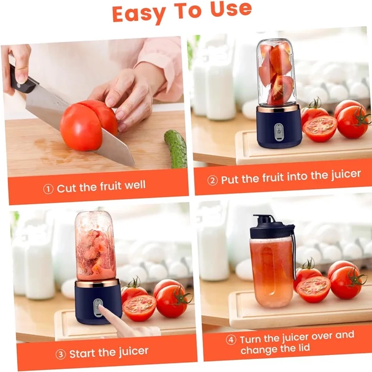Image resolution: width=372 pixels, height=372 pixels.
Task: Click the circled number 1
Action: [x=48, y=189]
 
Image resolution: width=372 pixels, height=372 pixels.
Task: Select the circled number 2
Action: [x=213, y=180]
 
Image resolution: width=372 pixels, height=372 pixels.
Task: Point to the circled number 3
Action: [x=60, y=354]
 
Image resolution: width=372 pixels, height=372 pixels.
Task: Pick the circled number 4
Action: [x=231, y=340]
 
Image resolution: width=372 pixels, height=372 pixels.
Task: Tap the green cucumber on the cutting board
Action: [x=175, y=148]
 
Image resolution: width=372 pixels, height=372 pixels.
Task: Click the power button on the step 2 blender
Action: [x=279, y=131]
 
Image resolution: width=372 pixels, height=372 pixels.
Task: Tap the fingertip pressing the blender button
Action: [x=101, y=308]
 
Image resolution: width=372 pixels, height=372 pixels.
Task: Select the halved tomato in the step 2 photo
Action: [x=320, y=129]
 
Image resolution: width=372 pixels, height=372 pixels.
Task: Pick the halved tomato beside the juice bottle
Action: [x=313, y=289]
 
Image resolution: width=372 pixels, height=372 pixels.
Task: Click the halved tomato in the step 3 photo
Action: [x=139, y=308]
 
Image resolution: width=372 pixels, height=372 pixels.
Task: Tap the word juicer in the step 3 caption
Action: [x=133, y=352]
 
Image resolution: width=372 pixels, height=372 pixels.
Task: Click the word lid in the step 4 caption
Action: [x=303, y=348]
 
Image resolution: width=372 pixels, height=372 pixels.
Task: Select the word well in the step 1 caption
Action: [x=135, y=185]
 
